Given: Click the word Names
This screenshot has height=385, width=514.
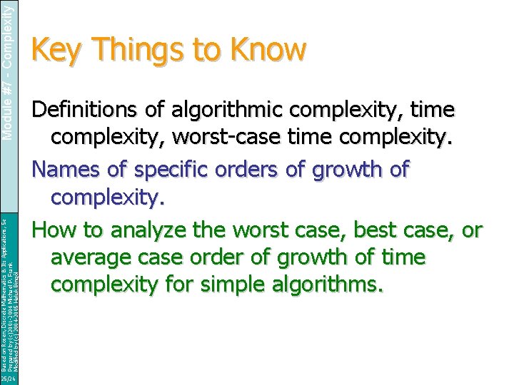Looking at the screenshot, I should tap(69, 170).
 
